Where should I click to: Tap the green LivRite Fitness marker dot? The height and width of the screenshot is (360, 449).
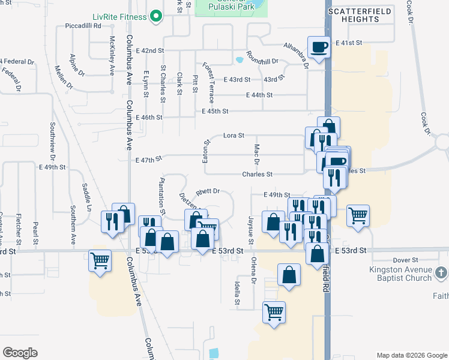(157, 16)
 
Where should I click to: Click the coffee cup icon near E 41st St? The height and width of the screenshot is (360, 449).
(319, 46)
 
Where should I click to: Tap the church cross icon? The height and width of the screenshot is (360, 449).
(442, 273)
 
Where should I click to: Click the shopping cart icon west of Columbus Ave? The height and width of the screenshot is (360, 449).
(100, 260)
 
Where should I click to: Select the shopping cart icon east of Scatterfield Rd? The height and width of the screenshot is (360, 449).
(358, 215)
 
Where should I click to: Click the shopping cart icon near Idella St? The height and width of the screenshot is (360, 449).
(274, 311)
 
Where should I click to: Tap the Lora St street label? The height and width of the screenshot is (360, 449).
(234, 136)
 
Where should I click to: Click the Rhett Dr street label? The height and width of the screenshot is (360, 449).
(208, 191)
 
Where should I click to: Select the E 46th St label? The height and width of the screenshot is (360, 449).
(149, 118)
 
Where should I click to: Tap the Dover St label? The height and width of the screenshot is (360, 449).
(405, 260)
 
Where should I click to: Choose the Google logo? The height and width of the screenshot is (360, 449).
(20, 353)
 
